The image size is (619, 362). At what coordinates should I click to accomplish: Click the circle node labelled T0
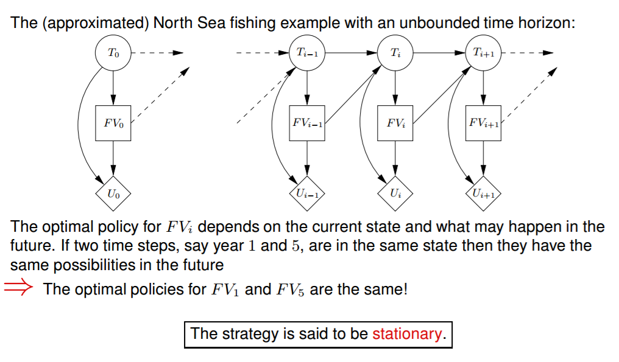point(113,53)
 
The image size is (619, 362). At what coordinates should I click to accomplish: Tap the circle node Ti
point(395,53)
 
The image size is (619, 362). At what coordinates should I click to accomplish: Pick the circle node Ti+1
point(483,53)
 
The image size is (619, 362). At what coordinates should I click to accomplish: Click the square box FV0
point(113,123)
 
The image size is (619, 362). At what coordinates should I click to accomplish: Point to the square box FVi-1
point(306,123)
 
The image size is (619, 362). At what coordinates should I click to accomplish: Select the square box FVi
point(395,123)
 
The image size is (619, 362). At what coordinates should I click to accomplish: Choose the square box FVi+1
point(483,123)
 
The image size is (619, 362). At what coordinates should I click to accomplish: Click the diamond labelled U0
point(113,194)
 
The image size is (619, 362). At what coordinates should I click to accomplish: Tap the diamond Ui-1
point(306,194)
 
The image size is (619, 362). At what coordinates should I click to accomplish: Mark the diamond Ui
point(395,194)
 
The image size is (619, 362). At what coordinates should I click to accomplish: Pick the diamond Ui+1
point(483,194)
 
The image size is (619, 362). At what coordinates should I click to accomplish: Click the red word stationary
point(406,334)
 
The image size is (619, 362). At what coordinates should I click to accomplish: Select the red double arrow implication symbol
point(19,288)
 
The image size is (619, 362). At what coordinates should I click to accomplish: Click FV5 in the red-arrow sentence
point(291,289)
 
